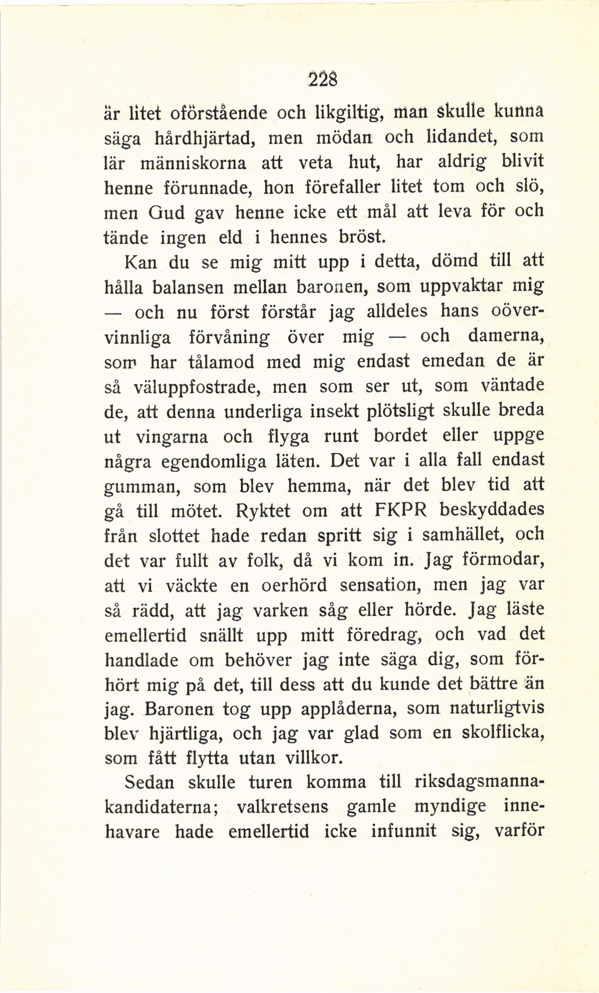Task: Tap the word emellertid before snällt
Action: pos(146,636)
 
